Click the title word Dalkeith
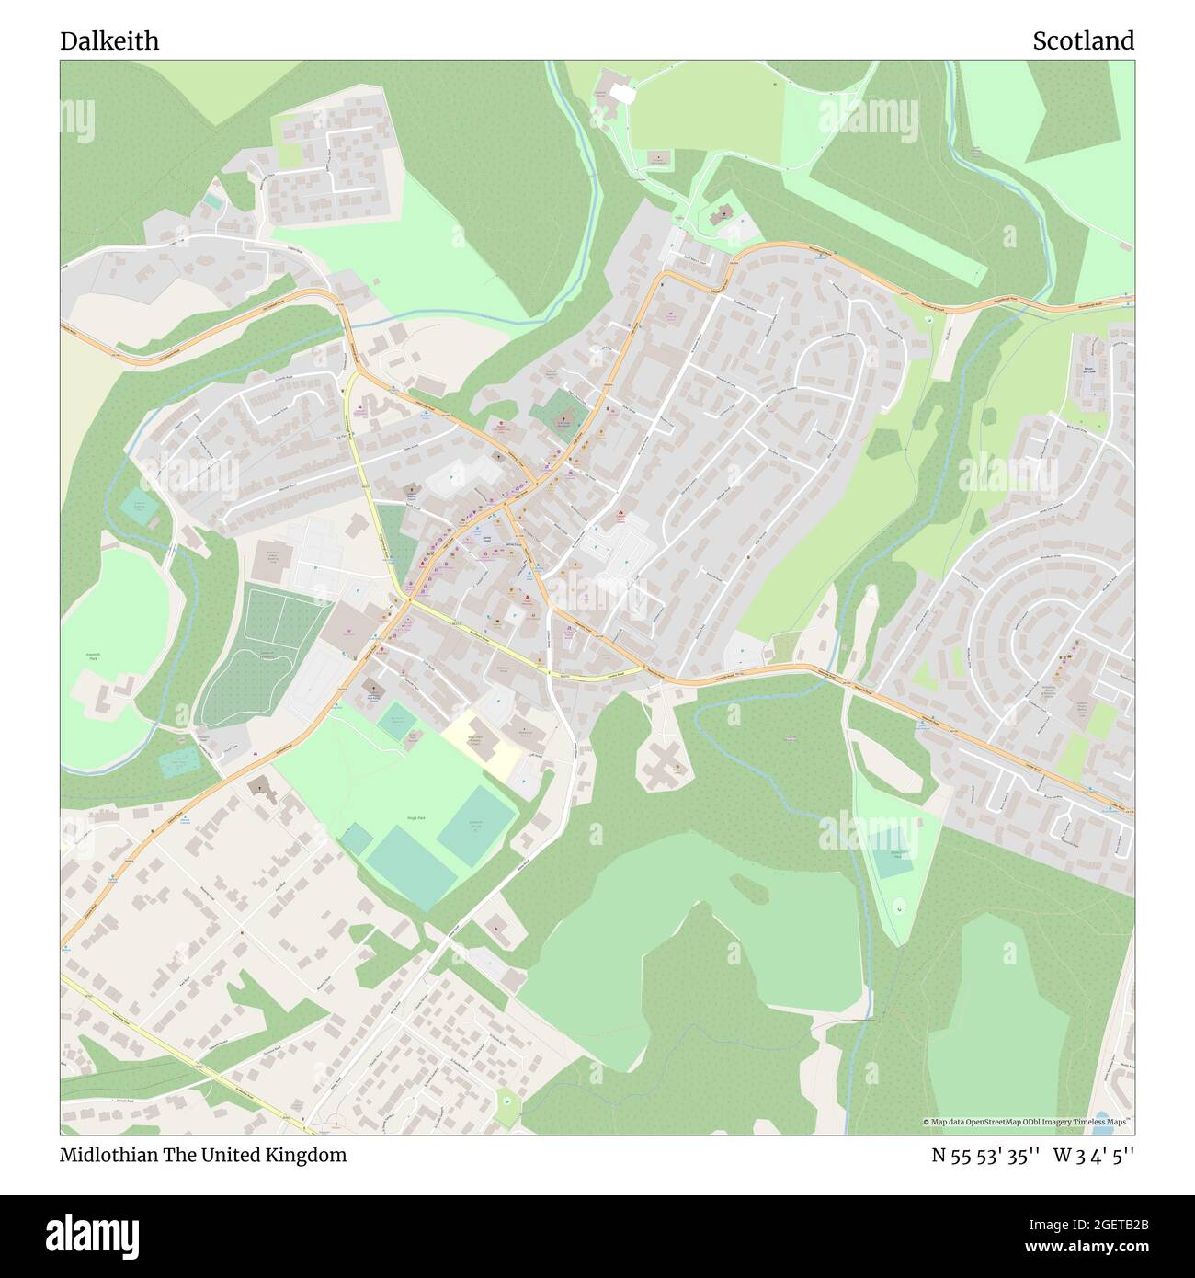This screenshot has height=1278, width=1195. coord(109,40)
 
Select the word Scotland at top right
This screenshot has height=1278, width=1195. coord(1083,40)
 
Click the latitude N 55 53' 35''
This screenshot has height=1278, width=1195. coord(985,1155)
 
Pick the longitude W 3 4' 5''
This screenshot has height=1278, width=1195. coord(1094,1155)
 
